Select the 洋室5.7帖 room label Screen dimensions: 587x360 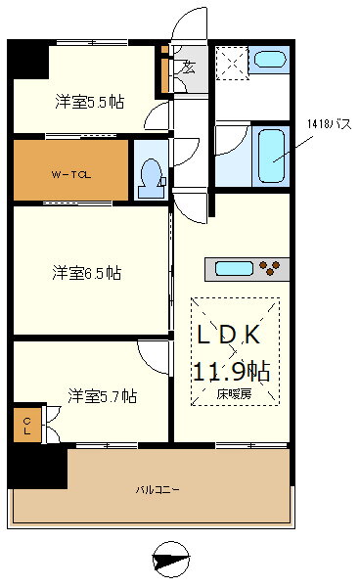tap(102, 396)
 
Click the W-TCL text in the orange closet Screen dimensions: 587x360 tap(70, 175)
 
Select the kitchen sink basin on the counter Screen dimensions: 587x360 tap(234, 268)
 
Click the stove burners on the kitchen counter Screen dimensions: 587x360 tap(275, 267)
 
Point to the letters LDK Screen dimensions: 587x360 tap(231, 335)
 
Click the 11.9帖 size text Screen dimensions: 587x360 tap(231, 372)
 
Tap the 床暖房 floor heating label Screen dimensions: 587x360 tap(234, 394)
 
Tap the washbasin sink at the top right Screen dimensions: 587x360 tap(266, 60)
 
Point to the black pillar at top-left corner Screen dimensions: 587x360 tap(27, 61)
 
